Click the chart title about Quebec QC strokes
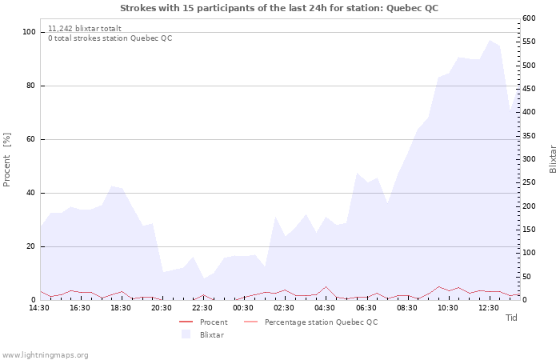(x=279, y=8)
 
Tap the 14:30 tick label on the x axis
(x=40, y=307)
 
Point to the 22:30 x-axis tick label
(x=202, y=307)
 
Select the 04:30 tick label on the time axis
(x=325, y=307)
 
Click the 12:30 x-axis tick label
(x=488, y=307)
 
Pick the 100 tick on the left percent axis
(x=30, y=32)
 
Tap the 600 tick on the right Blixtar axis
(x=529, y=18)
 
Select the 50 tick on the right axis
(x=526, y=277)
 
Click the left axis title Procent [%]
(x=8, y=160)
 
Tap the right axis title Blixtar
(x=552, y=159)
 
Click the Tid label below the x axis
(x=511, y=318)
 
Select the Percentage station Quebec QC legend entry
(x=321, y=322)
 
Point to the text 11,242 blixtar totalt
(x=85, y=28)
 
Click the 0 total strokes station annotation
(x=110, y=38)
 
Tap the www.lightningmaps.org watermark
(x=45, y=354)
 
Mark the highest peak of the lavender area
(x=490, y=40)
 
